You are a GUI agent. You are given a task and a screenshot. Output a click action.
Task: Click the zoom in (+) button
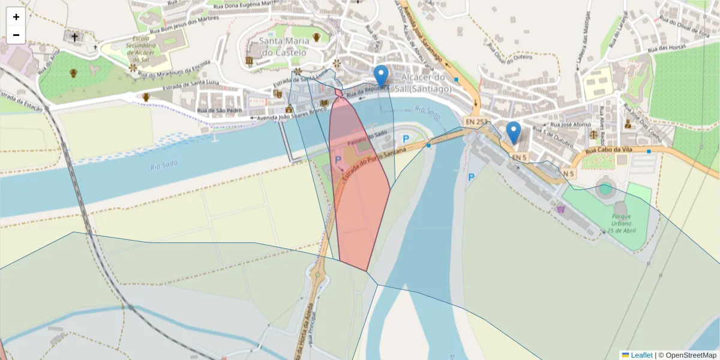(x=16, y=17)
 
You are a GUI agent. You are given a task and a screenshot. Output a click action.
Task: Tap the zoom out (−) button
(x=16, y=35)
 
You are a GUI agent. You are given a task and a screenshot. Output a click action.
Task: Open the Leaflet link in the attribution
(x=641, y=355)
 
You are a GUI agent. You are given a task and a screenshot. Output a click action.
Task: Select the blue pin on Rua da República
(x=381, y=76)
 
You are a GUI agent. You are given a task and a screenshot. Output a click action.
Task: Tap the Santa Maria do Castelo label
(x=283, y=46)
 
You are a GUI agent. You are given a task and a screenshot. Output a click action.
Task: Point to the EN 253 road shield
(x=476, y=122)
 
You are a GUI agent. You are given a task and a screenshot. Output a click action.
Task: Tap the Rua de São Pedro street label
(x=220, y=110)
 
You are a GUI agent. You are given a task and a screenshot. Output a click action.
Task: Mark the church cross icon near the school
(x=75, y=37)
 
